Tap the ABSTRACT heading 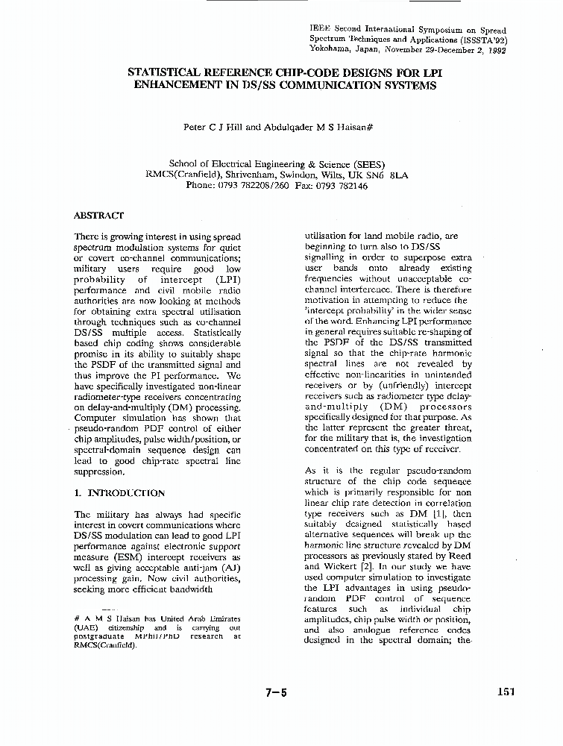click(98, 215)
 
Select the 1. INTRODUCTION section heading click(120, 493)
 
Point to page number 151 click(506, 692)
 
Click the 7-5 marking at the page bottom click(275, 692)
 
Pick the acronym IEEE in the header click(320, 28)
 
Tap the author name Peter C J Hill click(213, 127)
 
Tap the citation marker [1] click(439, 515)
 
